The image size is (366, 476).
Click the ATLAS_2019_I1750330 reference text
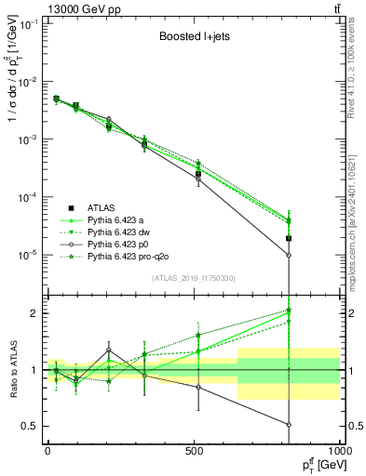coord(194,278)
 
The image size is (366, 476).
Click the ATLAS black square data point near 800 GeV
coord(289,239)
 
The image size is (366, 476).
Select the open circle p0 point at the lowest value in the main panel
coord(289,255)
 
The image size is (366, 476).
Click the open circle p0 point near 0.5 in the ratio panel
coord(289,424)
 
